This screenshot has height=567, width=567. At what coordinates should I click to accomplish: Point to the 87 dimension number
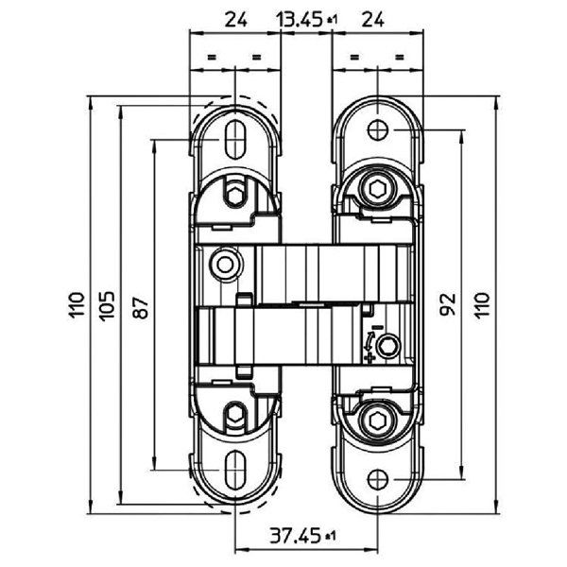pyautogui.click(x=140, y=305)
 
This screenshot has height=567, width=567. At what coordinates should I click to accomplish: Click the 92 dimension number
pyautogui.click(x=449, y=303)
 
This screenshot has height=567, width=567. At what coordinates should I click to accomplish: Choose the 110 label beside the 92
pyautogui.click(x=482, y=303)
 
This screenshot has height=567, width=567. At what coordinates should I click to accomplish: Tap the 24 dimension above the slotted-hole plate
pyautogui.click(x=236, y=17)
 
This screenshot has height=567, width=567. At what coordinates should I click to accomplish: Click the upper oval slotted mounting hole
pyautogui.click(x=233, y=138)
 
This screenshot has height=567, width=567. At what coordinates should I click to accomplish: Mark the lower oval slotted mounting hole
pyautogui.click(x=233, y=469)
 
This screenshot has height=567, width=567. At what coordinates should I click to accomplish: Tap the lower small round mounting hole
pyautogui.click(x=378, y=477)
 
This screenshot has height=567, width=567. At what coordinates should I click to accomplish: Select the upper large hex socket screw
pyautogui.click(x=378, y=192)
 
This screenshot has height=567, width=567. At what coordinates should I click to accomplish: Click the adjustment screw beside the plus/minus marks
pyautogui.click(x=385, y=351)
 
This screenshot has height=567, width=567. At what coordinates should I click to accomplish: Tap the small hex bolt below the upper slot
pyautogui.click(x=233, y=196)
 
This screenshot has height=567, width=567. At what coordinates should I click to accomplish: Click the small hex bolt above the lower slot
pyautogui.click(x=233, y=412)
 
